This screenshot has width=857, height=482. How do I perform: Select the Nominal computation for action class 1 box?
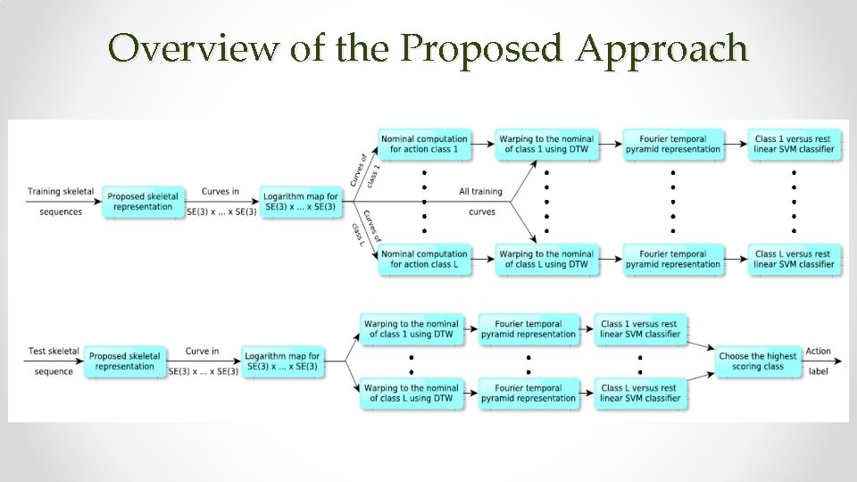[423, 144]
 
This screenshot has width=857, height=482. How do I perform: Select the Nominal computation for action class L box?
[423, 259]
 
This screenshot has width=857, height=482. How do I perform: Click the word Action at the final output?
[818, 352]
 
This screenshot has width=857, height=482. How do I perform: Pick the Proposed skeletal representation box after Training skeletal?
[144, 201]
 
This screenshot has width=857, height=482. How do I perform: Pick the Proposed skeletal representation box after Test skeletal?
[124, 361]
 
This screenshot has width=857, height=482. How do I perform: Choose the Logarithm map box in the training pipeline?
[300, 201]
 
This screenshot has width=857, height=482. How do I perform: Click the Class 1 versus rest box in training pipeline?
[794, 144]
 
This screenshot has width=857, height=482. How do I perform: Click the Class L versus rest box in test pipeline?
[638, 394]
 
